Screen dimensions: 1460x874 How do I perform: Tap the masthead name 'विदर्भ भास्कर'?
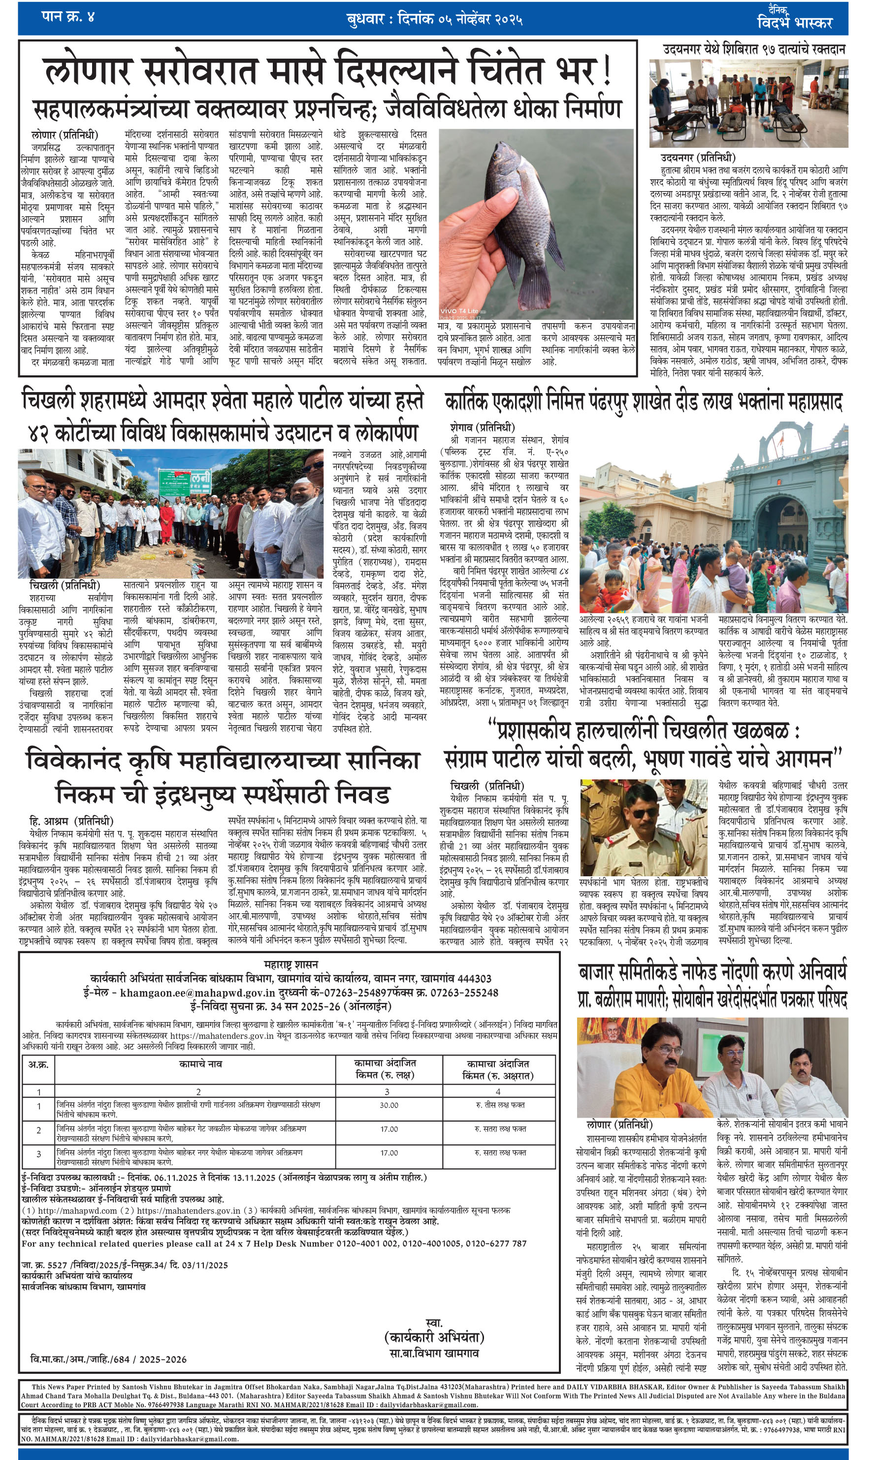coord(795,22)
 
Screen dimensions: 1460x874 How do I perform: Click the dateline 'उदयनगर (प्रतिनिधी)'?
coord(698,157)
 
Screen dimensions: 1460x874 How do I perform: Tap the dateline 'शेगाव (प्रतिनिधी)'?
coord(482,427)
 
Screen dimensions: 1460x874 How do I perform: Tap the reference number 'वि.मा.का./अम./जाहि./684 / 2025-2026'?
coord(108,1359)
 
